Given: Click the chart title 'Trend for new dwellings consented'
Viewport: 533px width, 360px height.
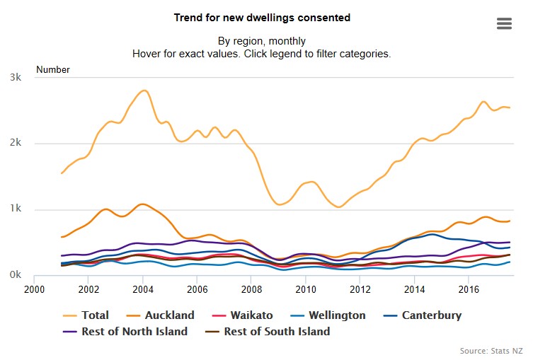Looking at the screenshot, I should point(262,17).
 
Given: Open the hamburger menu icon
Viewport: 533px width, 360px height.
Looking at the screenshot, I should point(504,23).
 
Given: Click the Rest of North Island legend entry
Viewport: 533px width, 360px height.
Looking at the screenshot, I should point(134,331).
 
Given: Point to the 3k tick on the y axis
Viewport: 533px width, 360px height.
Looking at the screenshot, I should point(14,77).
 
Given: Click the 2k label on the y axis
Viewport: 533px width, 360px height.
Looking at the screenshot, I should point(14,143).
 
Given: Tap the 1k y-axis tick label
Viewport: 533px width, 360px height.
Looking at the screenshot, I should point(14,209).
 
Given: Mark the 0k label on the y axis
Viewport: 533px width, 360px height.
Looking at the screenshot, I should point(14,275).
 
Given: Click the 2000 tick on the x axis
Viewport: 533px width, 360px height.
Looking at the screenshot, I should point(34,289).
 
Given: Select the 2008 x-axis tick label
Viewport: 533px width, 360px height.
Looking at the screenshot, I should point(251,289).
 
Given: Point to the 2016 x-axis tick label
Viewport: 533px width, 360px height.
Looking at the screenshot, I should point(469,289).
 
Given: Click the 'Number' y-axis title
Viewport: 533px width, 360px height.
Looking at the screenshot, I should point(53,69).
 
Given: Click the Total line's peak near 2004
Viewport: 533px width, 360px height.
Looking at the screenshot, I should point(144,91).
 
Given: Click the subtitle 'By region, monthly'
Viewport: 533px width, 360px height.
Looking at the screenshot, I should point(262,40).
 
